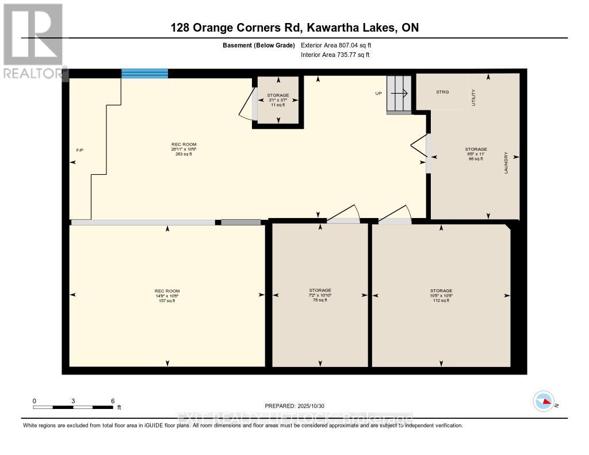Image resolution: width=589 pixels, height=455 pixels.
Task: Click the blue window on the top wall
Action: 144,73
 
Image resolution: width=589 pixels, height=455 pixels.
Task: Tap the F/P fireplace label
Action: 80,150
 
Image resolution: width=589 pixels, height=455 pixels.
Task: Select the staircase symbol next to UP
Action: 399,93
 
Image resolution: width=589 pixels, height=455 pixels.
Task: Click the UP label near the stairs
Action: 378,93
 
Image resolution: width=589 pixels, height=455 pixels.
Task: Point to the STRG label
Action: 442,92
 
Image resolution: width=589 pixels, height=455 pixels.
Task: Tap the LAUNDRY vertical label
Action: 506,163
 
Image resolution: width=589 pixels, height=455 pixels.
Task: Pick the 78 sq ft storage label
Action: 320,295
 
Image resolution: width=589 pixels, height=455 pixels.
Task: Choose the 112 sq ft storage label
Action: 441,295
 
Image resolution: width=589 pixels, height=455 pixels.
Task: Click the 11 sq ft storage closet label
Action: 278,100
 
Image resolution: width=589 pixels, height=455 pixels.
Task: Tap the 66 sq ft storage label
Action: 476,154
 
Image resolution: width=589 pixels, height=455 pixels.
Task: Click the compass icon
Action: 544,401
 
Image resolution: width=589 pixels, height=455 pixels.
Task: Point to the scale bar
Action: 73,407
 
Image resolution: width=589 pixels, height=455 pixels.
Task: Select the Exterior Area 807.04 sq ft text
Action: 340,45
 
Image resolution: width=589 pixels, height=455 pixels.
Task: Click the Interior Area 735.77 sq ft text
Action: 335,55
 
